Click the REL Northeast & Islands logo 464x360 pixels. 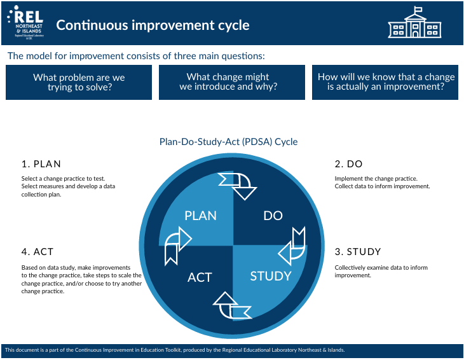(x=25, y=22)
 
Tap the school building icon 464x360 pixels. (x=414, y=22)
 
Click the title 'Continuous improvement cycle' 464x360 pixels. (x=153, y=25)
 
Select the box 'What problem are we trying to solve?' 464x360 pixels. (x=79, y=82)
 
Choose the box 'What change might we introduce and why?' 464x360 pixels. (x=232, y=82)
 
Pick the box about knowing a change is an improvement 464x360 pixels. (x=385, y=82)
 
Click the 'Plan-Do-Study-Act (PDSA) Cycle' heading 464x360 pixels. (x=228, y=142)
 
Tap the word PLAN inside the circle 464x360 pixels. (x=200, y=216)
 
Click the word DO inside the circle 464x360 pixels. (x=273, y=216)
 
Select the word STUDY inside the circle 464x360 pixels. (x=271, y=276)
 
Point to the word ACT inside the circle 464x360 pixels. (x=200, y=277)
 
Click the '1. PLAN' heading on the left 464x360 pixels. (x=41, y=163)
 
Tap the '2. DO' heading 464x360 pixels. (x=348, y=163)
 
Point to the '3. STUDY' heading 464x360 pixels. (x=358, y=252)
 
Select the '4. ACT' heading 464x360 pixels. (x=38, y=252)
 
